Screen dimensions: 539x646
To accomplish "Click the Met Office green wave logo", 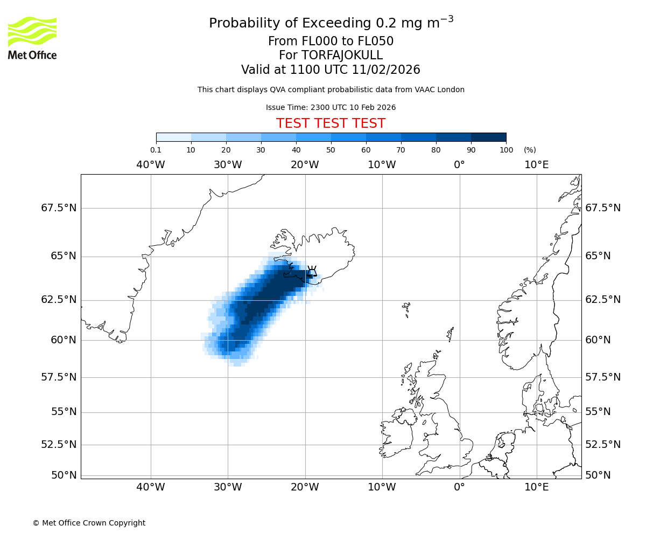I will [x=32, y=31].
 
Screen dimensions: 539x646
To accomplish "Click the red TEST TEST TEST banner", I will [x=331, y=123].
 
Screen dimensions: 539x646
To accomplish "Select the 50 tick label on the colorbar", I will [x=331, y=150].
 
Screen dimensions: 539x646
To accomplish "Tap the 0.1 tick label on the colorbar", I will [x=156, y=150].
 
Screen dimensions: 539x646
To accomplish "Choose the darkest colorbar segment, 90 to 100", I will [x=488, y=137].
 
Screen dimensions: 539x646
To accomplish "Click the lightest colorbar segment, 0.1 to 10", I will [x=173, y=137].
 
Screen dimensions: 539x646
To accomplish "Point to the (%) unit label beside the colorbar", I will [x=530, y=150].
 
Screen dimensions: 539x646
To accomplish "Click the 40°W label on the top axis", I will [x=151, y=164].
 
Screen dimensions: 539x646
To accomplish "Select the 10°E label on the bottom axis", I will [x=537, y=488].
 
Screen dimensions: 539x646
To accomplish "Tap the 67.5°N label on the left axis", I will [x=59, y=208].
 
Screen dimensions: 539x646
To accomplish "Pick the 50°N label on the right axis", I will [x=598, y=475].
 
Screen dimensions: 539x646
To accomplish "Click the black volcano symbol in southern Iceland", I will [x=312, y=271].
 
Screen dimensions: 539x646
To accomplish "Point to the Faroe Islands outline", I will [x=406, y=308].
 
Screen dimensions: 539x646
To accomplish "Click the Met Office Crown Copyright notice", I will [x=89, y=523].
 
